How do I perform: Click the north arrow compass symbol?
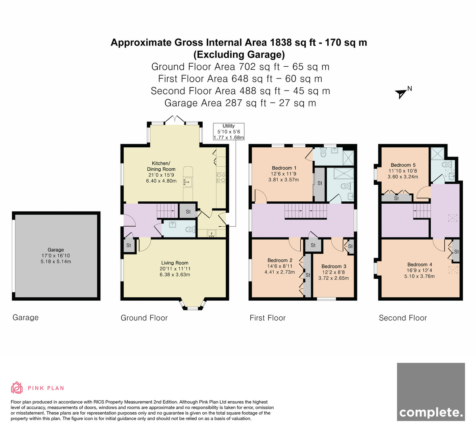pos(401,94)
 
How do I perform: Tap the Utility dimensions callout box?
pos(228,131)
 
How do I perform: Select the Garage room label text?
pos(56,249)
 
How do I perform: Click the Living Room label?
pos(175,263)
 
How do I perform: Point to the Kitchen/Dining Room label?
pos(161,166)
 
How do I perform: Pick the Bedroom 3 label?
pos(334,266)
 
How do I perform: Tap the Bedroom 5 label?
pos(403,165)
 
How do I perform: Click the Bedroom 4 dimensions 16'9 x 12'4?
pos(420,270)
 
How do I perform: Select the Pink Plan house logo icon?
pos(17,388)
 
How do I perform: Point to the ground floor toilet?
pos(190,229)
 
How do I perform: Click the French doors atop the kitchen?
pos(175,120)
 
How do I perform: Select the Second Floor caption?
pos(403,318)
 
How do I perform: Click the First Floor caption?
pos(267,318)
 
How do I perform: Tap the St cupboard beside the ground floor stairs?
pos(188,211)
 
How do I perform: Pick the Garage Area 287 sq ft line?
pos(240,103)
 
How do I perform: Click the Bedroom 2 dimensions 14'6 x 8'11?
pos(280,266)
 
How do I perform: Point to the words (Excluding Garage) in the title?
pos(239,55)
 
